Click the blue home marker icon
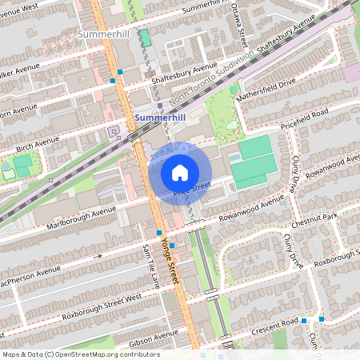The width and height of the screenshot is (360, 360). click(180, 173)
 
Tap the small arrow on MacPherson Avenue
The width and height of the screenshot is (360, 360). click(100, 256)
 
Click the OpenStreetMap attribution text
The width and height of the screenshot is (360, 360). click(80, 354)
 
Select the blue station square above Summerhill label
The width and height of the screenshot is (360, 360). click(160, 105)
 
